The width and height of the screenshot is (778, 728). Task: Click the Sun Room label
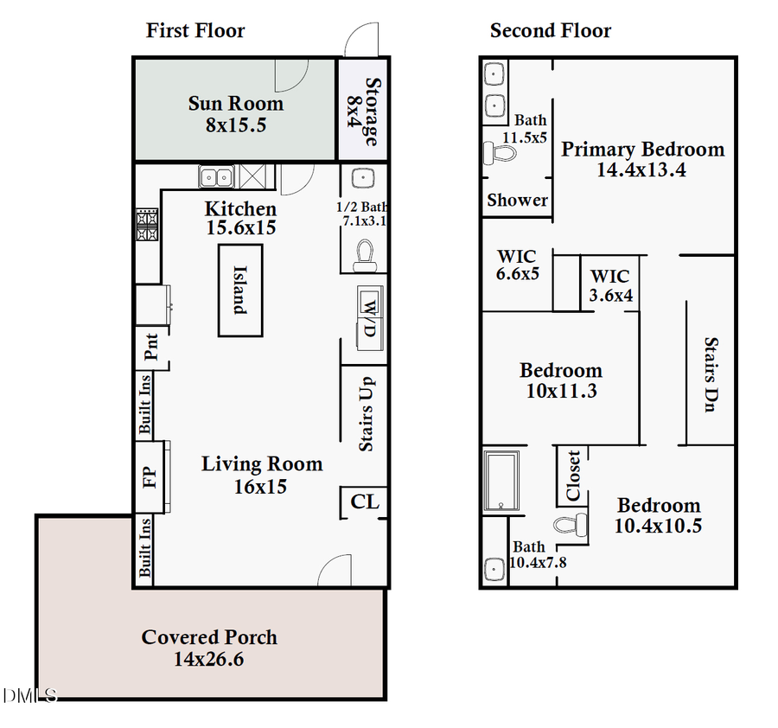pyautogui.click(x=235, y=104)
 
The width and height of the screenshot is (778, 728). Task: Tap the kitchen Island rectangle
pyautogui.click(x=239, y=290)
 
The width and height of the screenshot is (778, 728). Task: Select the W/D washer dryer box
pyautogui.click(x=367, y=317)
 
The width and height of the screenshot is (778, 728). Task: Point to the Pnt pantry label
pyautogui.click(x=151, y=348)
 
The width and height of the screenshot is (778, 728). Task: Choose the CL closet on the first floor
pyautogui.click(x=364, y=501)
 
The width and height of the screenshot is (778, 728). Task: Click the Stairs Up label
pyautogui.click(x=366, y=414)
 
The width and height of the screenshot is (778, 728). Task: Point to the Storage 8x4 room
pyautogui.click(x=362, y=110)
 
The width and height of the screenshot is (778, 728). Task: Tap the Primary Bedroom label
pyautogui.click(x=642, y=150)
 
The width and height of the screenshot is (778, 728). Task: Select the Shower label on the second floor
pyautogui.click(x=517, y=200)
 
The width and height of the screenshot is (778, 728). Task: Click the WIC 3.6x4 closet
pyautogui.click(x=610, y=285)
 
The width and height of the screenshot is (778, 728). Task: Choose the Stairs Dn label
pyautogui.click(x=709, y=374)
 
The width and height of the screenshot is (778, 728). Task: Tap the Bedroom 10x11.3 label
pyautogui.click(x=560, y=371)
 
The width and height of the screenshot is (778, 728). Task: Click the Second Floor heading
pyautogui.click(x=551, y=31)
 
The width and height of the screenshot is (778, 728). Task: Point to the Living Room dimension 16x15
pyautogui.click(x=260, y=487)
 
